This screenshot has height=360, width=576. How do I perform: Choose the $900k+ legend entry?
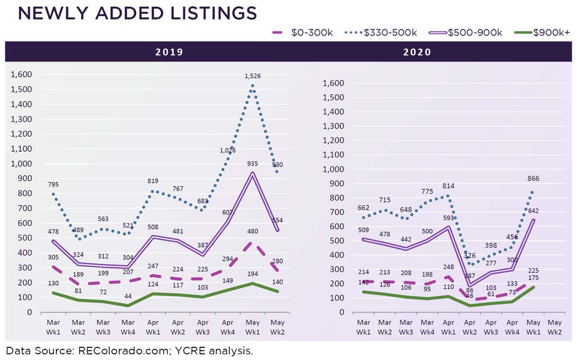click(533, 32)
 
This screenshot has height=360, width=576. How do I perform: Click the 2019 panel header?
click(169, 52)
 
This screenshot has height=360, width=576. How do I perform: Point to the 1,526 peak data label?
click(252, 76)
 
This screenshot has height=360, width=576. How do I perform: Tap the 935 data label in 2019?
click(253, 164)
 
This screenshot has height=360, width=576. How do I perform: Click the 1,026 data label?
click(228, 150)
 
